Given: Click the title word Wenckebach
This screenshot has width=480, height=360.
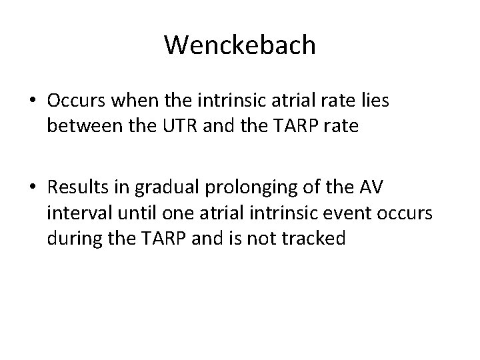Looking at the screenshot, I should pyautogui.click(x=239, y=45).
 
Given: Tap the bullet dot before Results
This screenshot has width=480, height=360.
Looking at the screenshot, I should pyautogui.click(x=33, y=189).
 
